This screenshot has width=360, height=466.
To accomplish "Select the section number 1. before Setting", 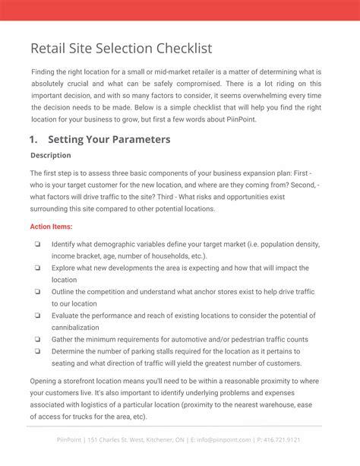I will point(34,139).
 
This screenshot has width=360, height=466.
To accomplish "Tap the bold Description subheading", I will point(51,155).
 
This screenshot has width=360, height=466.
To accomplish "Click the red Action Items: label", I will point(52,227).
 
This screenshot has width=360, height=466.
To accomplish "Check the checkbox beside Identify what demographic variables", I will point(37,245).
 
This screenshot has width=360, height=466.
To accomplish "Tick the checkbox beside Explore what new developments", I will point(37,268).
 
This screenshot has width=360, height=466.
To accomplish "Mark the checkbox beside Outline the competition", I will point(37,291).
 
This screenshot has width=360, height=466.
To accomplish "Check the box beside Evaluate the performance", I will point(37,315).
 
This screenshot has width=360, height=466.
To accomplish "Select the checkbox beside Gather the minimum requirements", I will point(37,339).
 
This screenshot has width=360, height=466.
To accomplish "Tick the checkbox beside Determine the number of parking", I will point(37,351).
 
